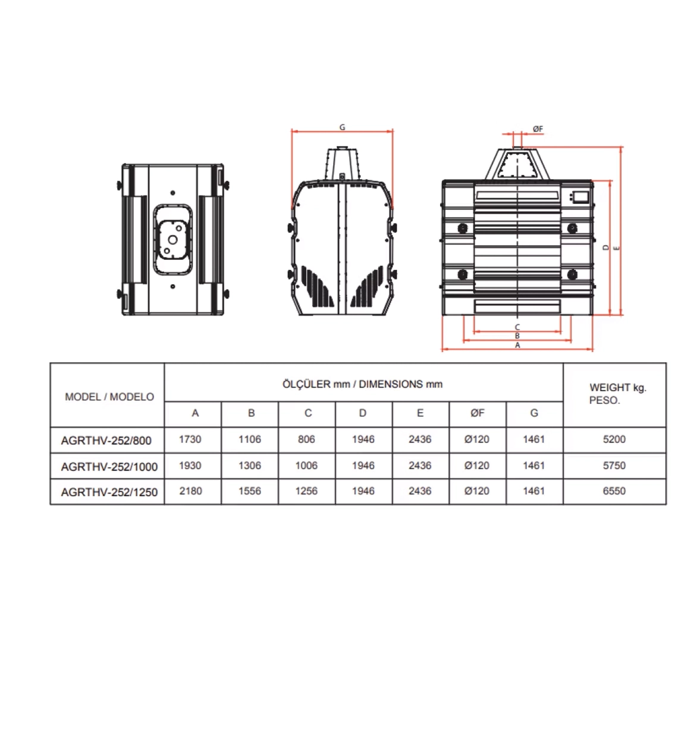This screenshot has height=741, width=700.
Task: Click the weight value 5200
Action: pos(614,439)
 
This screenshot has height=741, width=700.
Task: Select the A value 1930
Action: pos(190,465)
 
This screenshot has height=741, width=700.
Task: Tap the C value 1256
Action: pos(306,491)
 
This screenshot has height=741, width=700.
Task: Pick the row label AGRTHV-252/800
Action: pos(106,441)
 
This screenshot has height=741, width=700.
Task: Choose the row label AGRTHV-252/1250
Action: pos(109,492)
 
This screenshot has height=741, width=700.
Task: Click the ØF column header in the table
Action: pos(477,413)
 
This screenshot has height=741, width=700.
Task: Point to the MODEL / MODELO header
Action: pos(109,397)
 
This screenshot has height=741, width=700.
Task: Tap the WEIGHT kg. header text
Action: pos(618,388)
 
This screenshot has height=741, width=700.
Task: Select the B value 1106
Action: pos(250,439)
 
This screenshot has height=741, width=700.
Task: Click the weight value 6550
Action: pos(614,491)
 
